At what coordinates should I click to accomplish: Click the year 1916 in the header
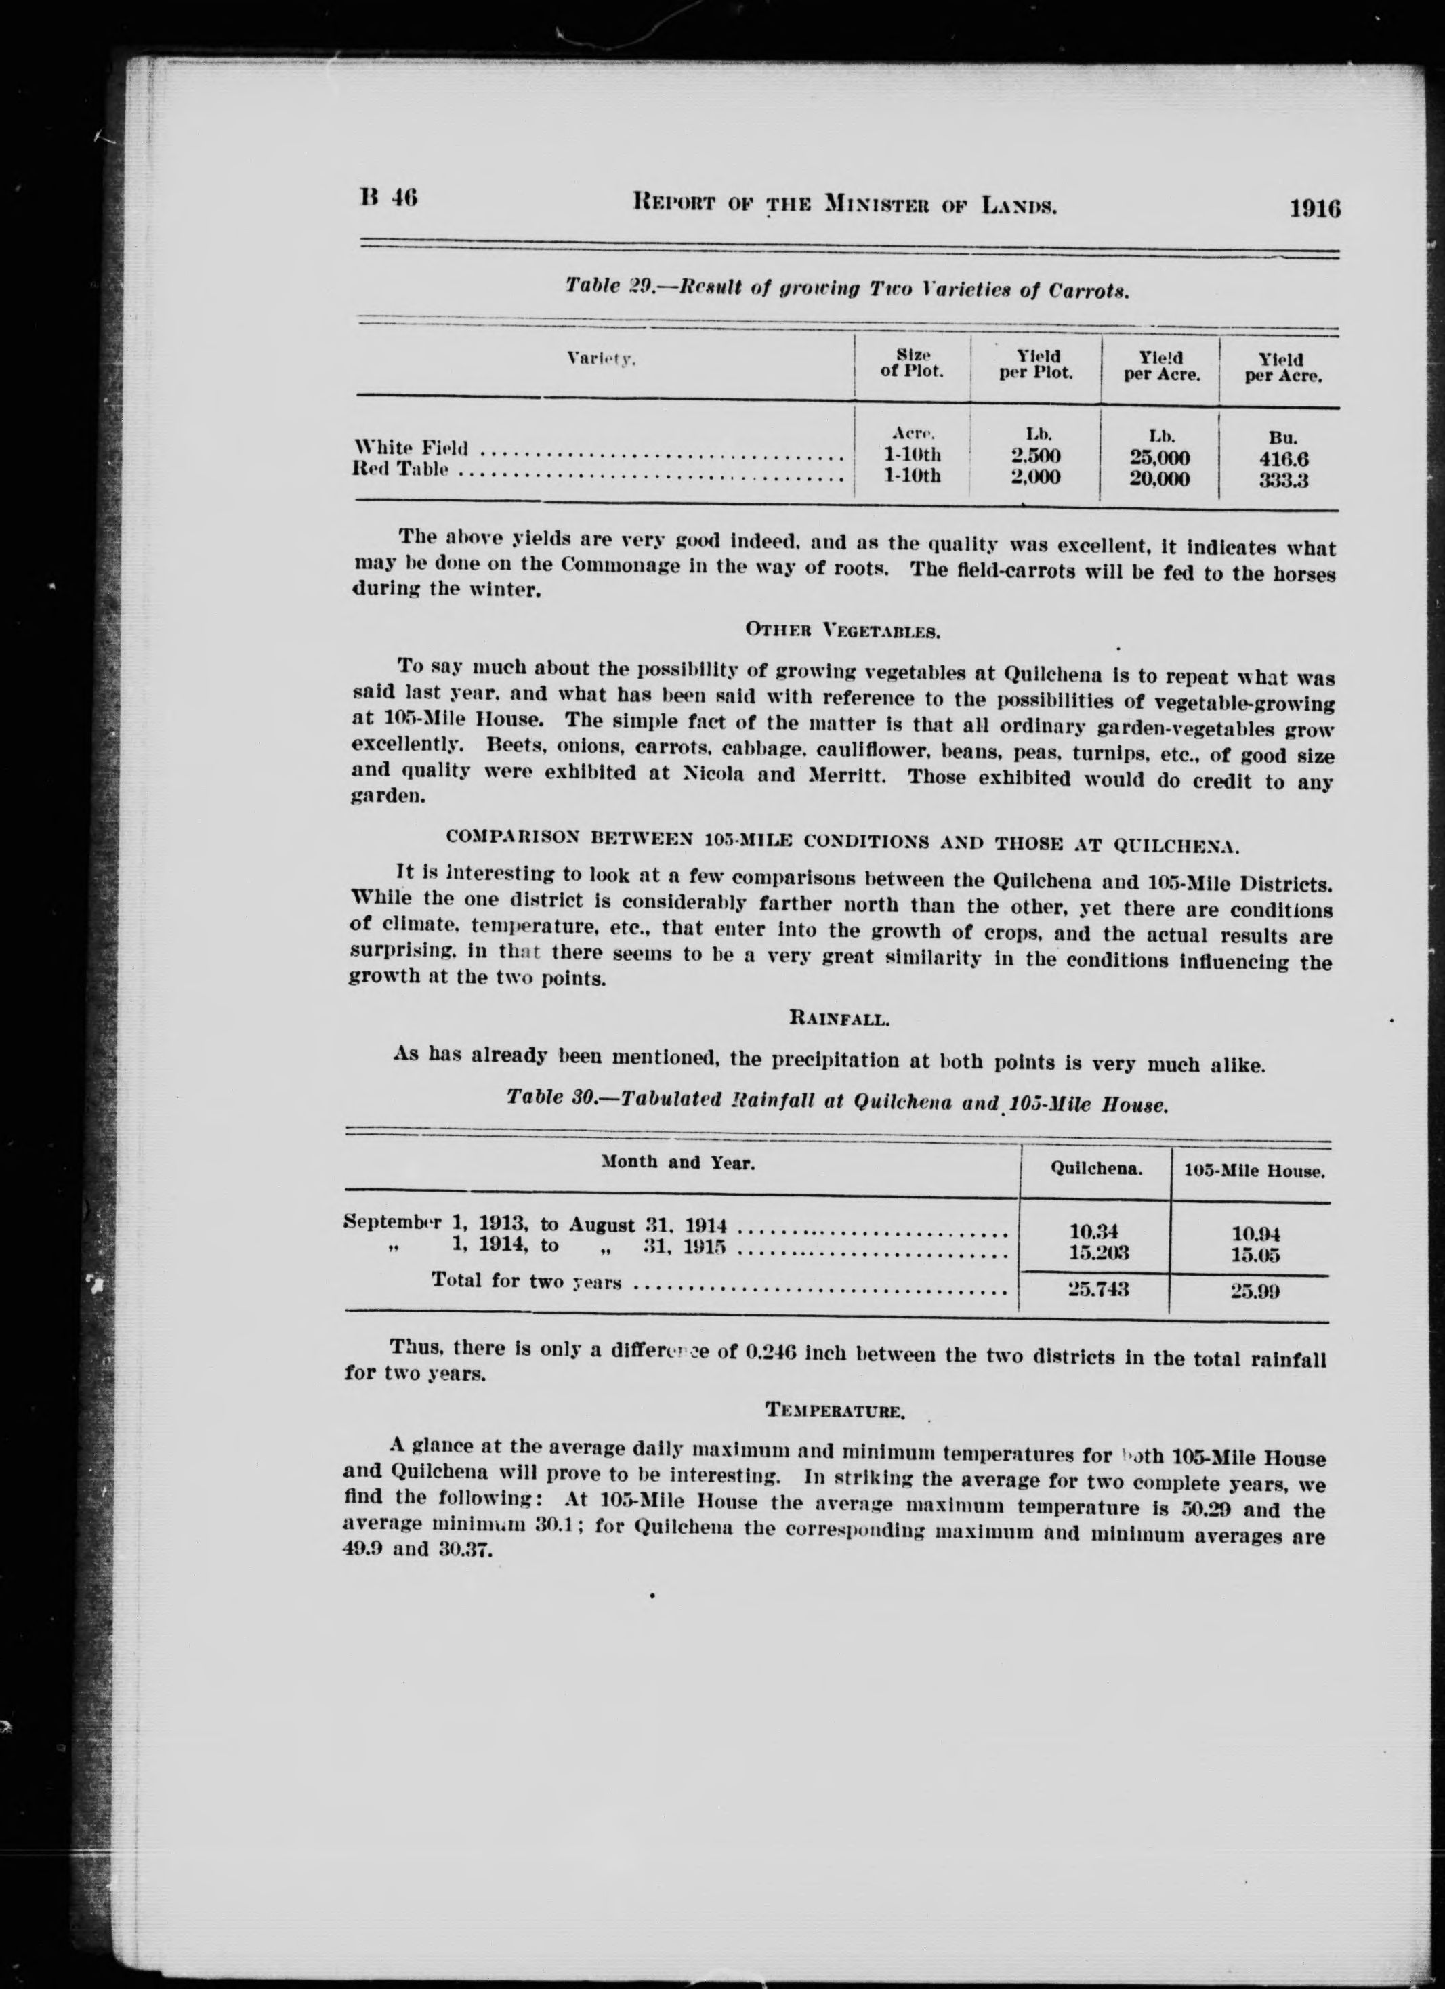[1314, 209]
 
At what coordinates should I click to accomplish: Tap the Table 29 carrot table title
[846, 288]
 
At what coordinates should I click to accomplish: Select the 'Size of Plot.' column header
[912, 363]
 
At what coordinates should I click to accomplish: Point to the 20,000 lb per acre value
[1158, 479]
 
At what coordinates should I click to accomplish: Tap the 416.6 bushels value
[1284, 459]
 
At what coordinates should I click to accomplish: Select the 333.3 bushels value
[1284, 480]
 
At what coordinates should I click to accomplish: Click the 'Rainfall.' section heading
[840, 1019]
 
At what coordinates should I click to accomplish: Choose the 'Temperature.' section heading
[835, 1410]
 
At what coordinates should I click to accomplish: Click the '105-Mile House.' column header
[1253, 1171]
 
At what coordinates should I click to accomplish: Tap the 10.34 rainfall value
[1093, 1232]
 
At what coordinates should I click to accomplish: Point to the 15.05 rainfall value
[1255, 1255]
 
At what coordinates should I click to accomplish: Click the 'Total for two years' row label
[526, 1280]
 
